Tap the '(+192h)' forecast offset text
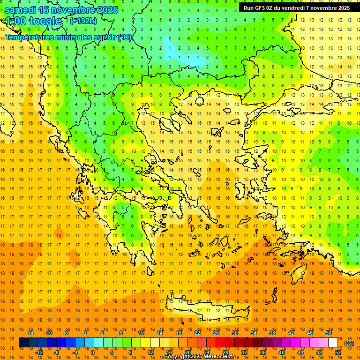coord(83,21)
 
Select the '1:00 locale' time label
coord(33,21)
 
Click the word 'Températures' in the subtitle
coord(29,37)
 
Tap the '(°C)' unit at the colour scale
coord(349,343)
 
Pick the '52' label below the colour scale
coord(338,352)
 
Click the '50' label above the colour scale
coord(329,333)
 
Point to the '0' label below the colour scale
coord(92,352)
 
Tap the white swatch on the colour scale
coord(333,343)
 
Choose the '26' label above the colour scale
coord(216,333)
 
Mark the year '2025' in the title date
coord(107,9)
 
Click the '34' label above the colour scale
coord(254,333)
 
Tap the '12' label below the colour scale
coord(150,352)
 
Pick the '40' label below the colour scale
coord(282,352)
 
